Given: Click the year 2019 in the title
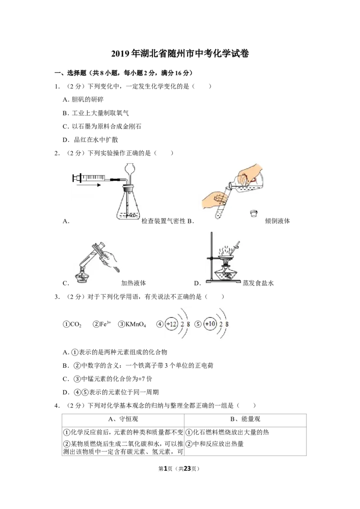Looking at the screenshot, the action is click(121, 54).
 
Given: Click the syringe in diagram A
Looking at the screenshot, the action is click(94, 178).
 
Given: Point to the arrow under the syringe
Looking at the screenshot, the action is click(90, 185).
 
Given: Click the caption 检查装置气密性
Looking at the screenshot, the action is click(163, 221).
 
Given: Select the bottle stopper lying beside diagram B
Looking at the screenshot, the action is click(254, 213).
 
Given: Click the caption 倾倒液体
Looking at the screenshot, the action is click(278, 221).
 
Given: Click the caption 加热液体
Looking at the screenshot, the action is click(134, 283).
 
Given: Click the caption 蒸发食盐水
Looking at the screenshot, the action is click(258, 283).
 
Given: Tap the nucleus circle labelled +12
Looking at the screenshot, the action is click(171, 324).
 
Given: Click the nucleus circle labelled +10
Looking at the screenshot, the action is click(210, 324).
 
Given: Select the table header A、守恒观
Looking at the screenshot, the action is click(123, 419).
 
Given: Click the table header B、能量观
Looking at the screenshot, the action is click(245, 419).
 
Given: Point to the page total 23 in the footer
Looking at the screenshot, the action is click(187, 469).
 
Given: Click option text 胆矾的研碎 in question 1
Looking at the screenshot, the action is click(87, 100).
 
